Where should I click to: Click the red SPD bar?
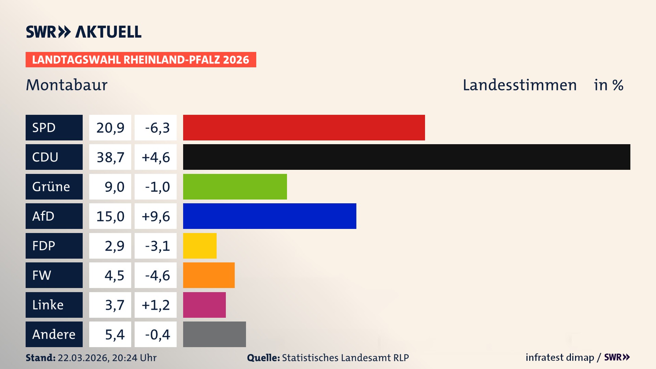[x=304, y=127]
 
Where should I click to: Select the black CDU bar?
[x=407, y=157]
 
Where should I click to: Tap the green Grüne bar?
[x=235, y=187]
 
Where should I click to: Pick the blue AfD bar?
[x=270, y=216]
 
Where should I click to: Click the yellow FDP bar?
[x=200, y=246]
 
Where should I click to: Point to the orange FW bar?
[x=209, y=275]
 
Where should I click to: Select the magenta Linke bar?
[x=204, y=305]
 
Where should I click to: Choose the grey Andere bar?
[x=214, y=334]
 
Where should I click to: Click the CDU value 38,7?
[x=110, y=157]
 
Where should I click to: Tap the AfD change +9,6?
[x=155, y=216]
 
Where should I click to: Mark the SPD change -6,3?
[x=157, y=128]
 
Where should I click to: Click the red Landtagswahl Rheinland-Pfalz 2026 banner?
[x=141, y=60]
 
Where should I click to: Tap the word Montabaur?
[x=67, y=85]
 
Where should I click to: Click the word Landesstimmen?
[x=519, y=85]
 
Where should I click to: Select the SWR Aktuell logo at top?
[x=84, y=32]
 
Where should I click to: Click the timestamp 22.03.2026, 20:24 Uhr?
[x=107, y=358]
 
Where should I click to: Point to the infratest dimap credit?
[x=560, y=357]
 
